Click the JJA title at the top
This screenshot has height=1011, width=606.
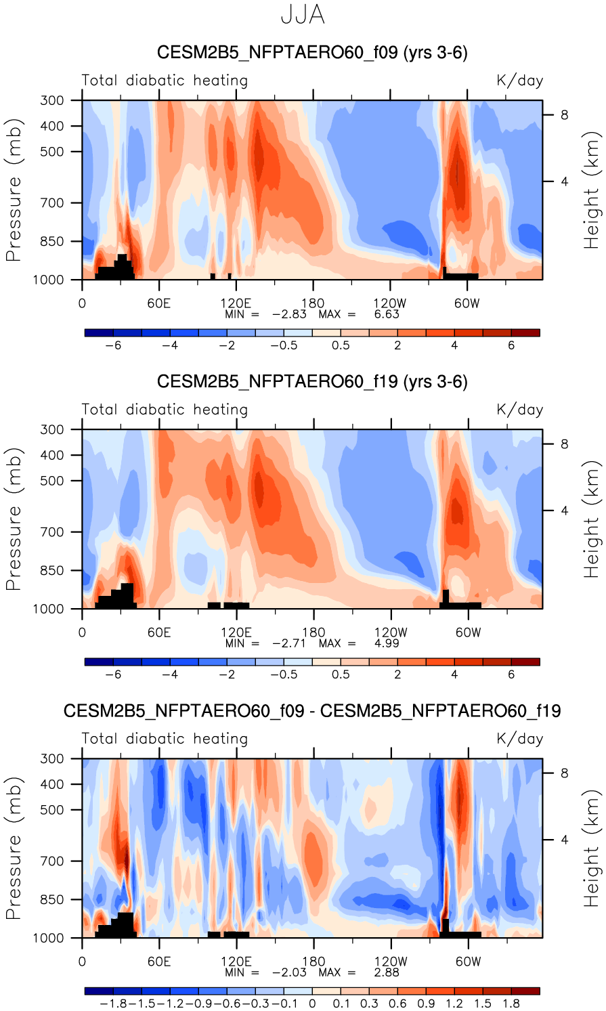click(x=303, y=15)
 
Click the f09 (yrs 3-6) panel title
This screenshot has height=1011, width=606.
click(x=312, y=53)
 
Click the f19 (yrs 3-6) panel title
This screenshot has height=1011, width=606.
click(x=312, y=382)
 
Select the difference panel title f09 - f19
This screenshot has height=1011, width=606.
click(x=312, y=711)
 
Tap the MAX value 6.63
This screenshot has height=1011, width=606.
click(x=387, y=314)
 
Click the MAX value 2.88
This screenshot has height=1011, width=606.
click(x=387, y=972)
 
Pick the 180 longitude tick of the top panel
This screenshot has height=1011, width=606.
click(x=313, y=303)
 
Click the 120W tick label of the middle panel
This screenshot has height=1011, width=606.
click(x=391, y=632)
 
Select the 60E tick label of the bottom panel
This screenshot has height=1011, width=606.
click(x=159, y=962)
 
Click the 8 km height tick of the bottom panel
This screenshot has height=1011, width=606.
click(x=564, y=773)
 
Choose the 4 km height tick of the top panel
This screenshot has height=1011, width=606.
click(x=564, y=181)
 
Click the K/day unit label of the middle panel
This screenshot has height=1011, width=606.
click(x=519, y=410)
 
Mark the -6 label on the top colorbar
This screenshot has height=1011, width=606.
click(x=113, y=345)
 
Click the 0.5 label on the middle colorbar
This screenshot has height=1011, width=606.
click(x=341, y=674)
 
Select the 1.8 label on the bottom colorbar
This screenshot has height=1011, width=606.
click(x=511, y=1004)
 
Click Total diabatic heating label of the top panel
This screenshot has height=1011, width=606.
click(x=165, y=81)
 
